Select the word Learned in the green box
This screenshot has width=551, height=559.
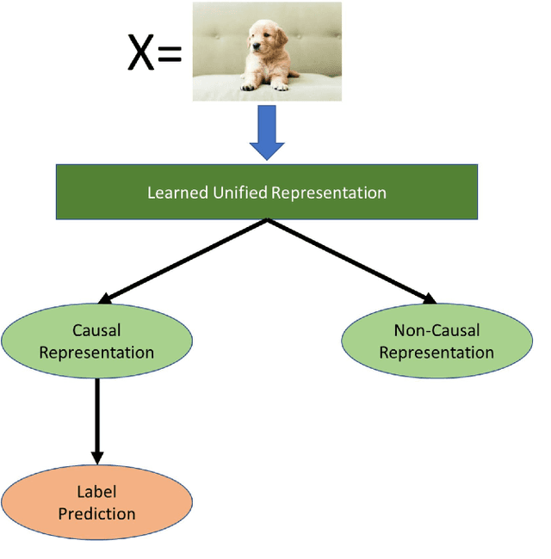pyautogui.click(x=176, y=192)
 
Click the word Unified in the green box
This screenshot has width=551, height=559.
pyautogui.click(x=238, y=192)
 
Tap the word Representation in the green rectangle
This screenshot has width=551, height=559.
pyautogui.click(x=329, y=192)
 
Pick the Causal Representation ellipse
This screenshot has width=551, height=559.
pyautogui.click(x=96, y=341)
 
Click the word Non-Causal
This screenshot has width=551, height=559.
pyautogui.click(x=436, y=330)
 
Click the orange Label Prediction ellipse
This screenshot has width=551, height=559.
pyautogui.click(x=96, y=503)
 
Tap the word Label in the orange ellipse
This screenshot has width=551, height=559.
pyautogui.click(x=96, y=493)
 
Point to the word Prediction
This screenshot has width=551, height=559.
pyautogui.click(x=96, y=514)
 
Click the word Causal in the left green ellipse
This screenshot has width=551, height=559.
pyautogui.click(x=96, y=330)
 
